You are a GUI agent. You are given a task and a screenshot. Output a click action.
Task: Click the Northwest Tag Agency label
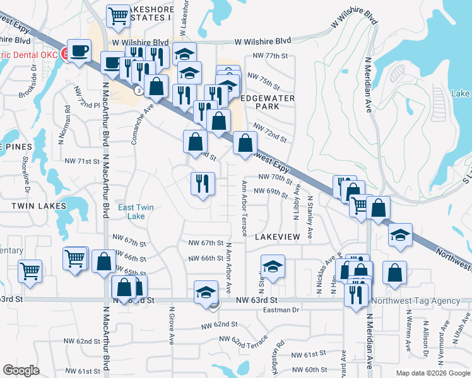pos(416,301)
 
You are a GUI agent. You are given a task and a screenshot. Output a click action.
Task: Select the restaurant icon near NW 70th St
pos(203,183)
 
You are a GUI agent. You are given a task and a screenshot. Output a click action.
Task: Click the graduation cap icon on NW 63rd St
pos(206,292)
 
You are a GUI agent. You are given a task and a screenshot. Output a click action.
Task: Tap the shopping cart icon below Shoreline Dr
pos(30,271)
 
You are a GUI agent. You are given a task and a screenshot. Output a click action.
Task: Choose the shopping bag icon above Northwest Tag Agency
pos(394,273)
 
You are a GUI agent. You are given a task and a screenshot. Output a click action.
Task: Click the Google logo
pos(21,370)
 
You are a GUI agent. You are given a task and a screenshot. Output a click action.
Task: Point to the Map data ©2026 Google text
pos(432,373)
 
